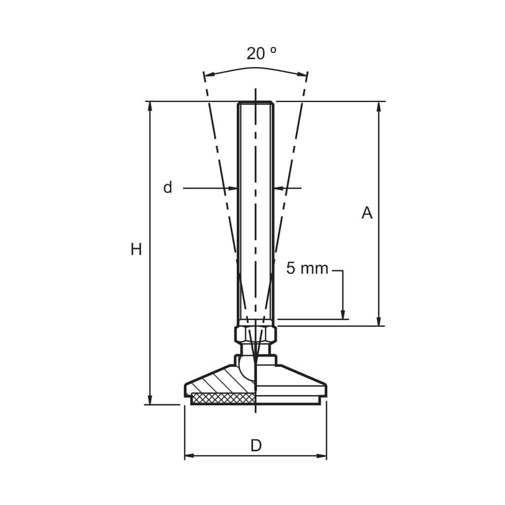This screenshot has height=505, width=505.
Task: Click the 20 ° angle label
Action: [x=261, y=53]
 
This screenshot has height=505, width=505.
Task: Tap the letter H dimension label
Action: [x=136, y=249]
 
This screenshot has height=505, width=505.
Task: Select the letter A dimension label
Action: [x=367, y=213]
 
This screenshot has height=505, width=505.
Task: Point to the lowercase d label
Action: [x=168, y=187]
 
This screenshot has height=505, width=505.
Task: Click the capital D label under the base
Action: [x=256, y=446]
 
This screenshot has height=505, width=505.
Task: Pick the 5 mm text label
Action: [x=307, y=268]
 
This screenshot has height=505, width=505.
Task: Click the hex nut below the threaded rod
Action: [x=255, y=335]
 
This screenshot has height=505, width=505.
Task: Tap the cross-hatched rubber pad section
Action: [x=223, y=398]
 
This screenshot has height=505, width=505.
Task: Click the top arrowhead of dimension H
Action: [x=150, y=107]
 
